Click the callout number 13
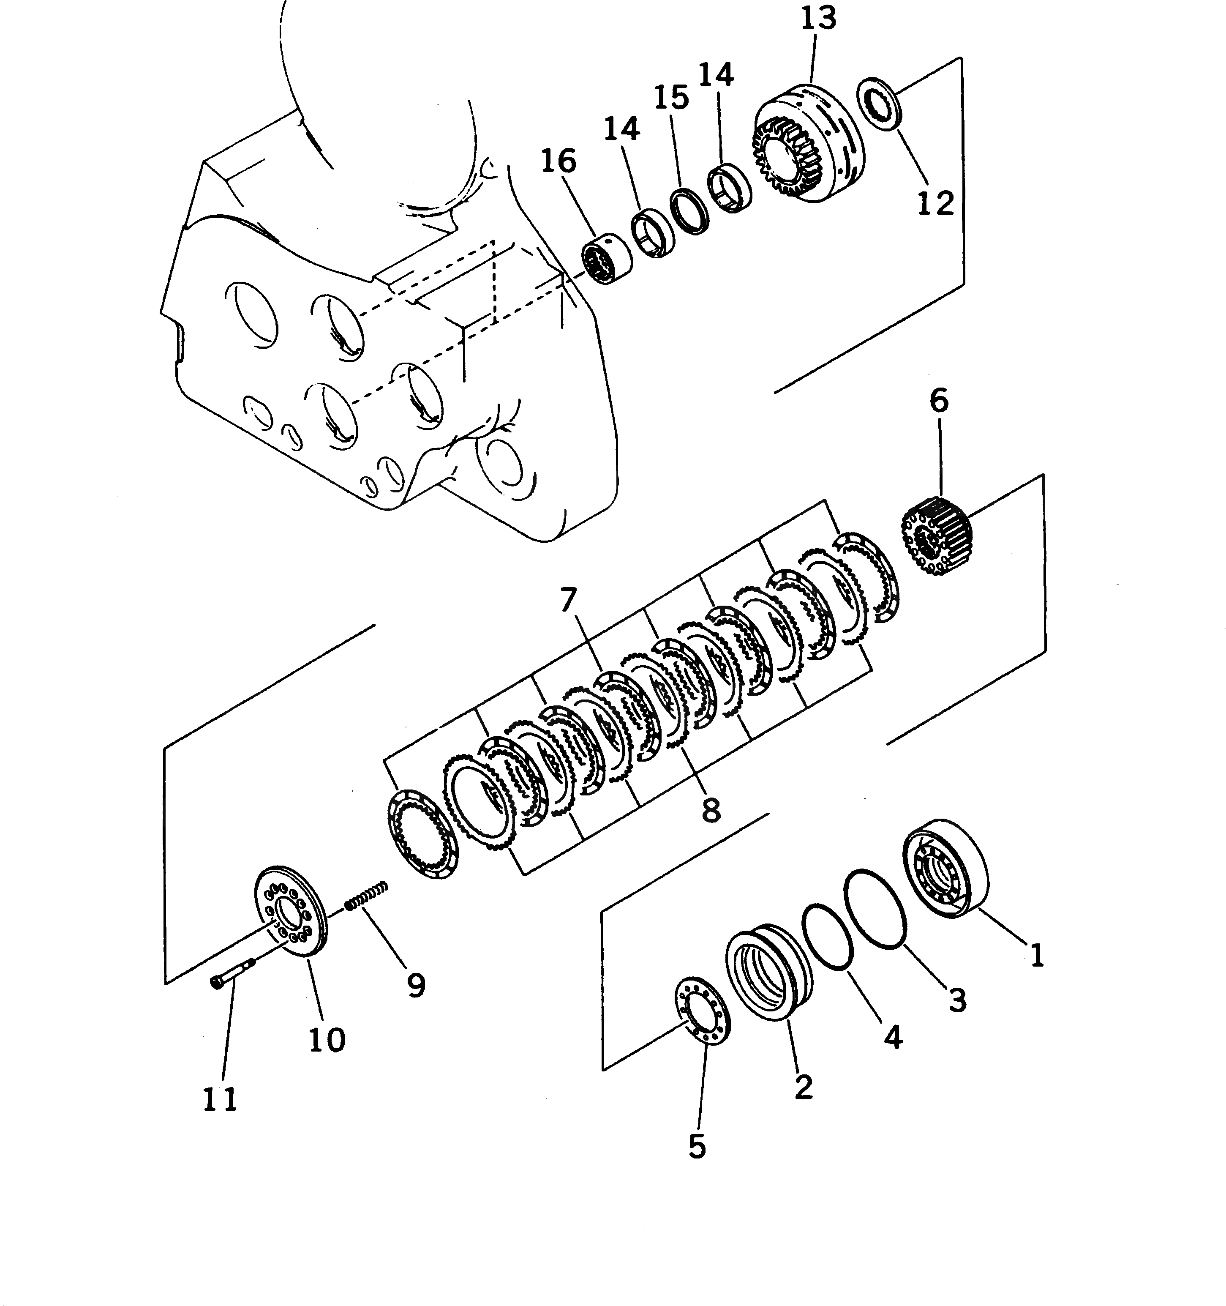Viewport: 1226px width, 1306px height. point(818,19)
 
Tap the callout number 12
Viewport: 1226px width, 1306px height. point(935,204)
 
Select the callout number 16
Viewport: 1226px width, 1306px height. point(559,161)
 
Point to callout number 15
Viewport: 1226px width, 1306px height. point(672,98)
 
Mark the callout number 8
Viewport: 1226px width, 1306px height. point(711,810)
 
